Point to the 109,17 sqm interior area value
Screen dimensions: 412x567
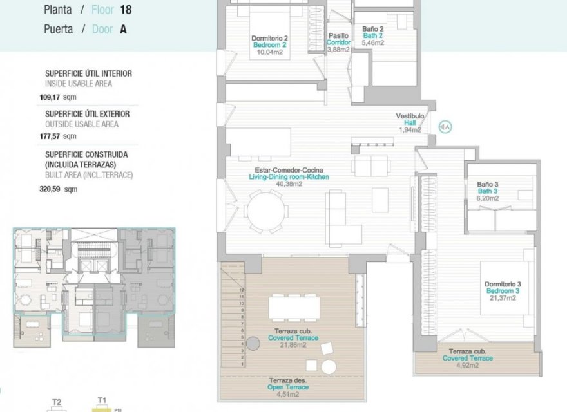57,98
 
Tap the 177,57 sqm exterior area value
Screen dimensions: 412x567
57,136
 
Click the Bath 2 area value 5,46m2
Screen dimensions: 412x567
372,43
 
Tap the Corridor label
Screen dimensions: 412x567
338,42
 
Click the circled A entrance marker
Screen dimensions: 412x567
445,127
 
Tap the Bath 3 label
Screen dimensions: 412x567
488,192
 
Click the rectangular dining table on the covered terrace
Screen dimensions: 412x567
294,308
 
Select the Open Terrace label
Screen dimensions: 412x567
288,387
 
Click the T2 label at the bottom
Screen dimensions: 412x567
57,402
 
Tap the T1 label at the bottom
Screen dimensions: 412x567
101,400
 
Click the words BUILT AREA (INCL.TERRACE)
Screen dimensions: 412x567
89,174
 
